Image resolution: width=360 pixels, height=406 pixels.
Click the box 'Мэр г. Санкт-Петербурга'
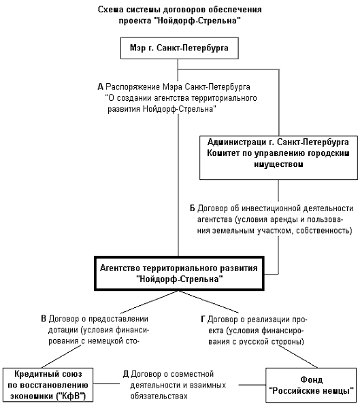click(x=179, y=48)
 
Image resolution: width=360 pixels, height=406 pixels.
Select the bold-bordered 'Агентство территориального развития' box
click(x=179, y=273)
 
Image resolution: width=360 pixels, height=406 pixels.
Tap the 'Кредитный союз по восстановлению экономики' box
click(x=48, y=385)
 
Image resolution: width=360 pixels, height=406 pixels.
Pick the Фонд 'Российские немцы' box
click(x=312, y=385)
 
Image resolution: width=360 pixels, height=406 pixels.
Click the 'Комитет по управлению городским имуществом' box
click(x=278, y=157)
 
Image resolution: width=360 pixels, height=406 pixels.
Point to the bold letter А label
click(x=100, y=87)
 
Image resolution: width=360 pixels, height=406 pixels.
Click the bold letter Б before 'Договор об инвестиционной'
click(x=193, y=208)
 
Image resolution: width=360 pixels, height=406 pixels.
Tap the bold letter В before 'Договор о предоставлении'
click(x=44, y=319)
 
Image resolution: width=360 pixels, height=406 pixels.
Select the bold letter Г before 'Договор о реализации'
click(x=203, y=319)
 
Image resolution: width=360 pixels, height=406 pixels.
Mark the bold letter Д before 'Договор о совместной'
click(x=126, y=374)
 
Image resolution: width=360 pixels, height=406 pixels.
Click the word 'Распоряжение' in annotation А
click(x=133, y=87)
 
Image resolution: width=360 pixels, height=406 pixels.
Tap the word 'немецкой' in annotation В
click(x=105, y=341)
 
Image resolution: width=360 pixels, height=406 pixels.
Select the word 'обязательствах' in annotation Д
click(x=159, y=396)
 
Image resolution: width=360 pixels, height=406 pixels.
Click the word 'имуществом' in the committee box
click(x=278, y=164)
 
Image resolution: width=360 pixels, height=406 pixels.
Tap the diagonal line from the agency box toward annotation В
click(x=150, y=302)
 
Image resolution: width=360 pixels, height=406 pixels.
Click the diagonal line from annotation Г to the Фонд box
click(x=298, y=356)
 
